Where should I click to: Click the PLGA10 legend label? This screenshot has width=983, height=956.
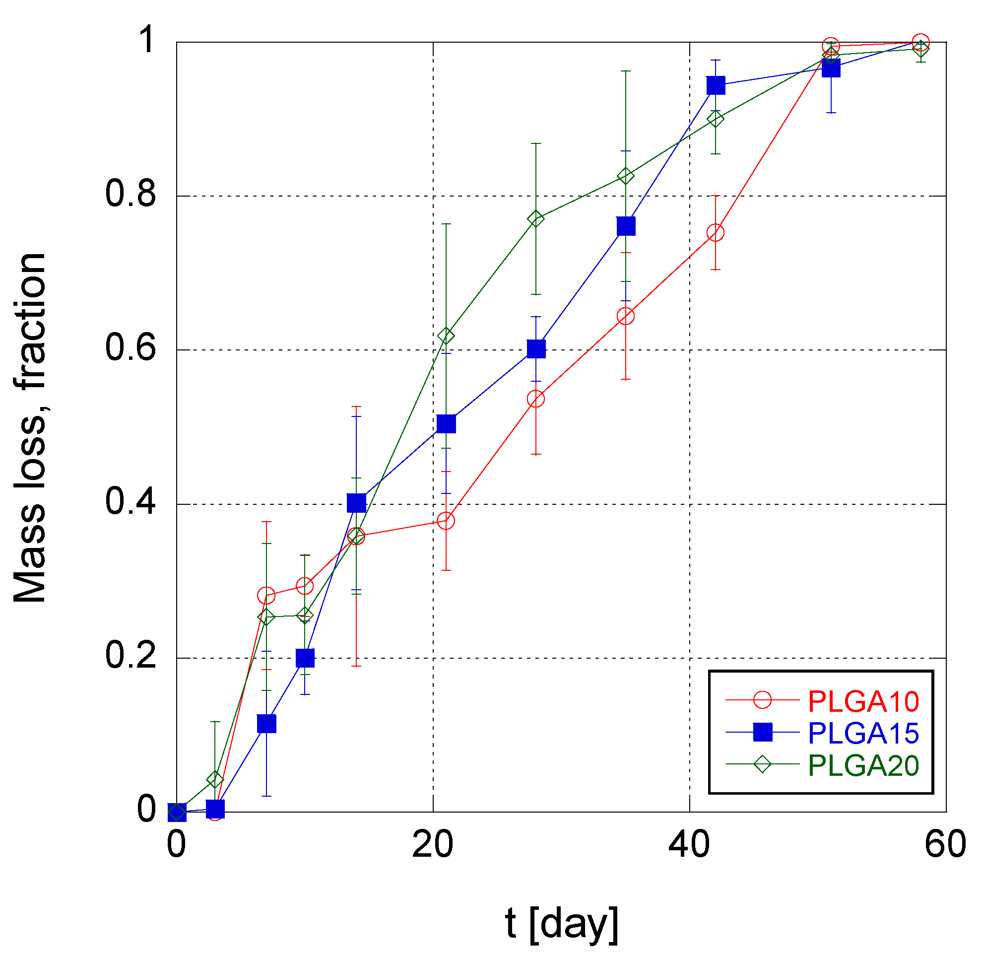point(863,701)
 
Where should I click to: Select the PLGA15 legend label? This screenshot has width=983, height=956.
point(863,734)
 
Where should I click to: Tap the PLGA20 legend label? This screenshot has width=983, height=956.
point(863,766)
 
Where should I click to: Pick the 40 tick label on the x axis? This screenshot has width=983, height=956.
point(689,844)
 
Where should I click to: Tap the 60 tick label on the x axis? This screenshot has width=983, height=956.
point(945,844)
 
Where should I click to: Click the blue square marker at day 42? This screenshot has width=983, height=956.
point(716,85)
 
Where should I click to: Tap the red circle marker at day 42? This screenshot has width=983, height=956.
point(716,232)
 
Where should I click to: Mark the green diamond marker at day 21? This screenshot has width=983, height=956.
point(446,336)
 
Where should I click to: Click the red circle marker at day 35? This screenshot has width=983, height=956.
point(626,316)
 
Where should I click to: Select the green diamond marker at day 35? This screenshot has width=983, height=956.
point(626,176)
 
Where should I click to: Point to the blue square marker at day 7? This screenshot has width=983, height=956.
point(266,724)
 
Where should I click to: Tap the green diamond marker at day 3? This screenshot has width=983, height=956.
point(215,780)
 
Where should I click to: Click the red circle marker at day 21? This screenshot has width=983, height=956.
point(446,521)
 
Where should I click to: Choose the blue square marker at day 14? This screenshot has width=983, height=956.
point(356,503)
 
